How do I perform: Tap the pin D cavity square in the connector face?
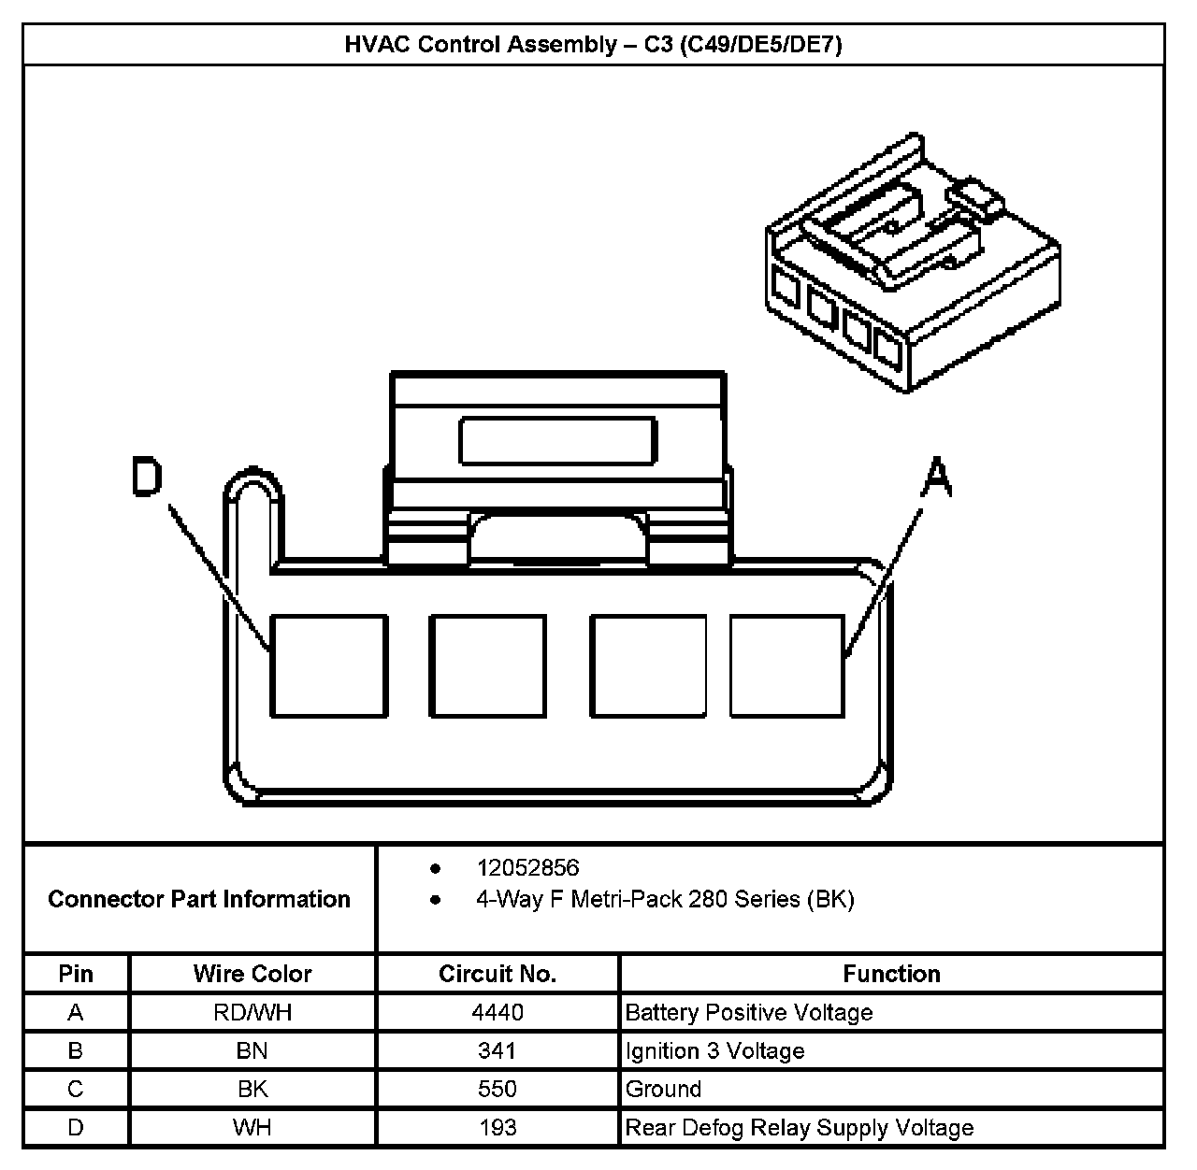328,665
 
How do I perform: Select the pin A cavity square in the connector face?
786,665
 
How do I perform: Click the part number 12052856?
527,868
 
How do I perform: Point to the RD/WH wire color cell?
252,1012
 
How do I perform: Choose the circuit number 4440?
498,1012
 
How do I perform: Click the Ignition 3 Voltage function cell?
714,1051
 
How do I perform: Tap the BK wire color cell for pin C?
252,1090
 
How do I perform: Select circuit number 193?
498,1128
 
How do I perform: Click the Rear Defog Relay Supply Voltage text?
799,1128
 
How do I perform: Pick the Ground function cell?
663,1090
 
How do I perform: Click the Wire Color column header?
252,974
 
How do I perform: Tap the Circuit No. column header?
498,974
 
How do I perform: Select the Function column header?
891,974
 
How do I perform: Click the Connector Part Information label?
199,899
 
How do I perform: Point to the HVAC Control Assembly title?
594,45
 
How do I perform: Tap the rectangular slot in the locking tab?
557,441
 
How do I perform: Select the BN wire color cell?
252,1051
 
